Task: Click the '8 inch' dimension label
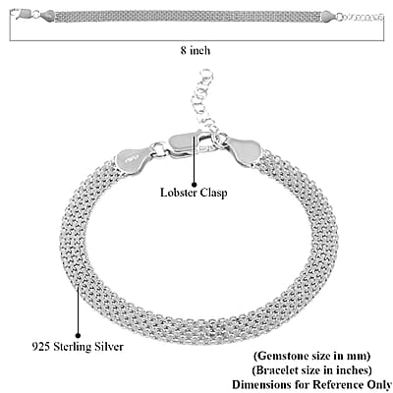point(196,51)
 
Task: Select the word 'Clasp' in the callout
point(213,193)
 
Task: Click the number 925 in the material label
point(41,347)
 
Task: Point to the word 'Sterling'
point(73,347)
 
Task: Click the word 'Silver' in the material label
point(109,347)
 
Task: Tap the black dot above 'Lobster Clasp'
point(194,185)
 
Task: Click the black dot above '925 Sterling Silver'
point(78,335)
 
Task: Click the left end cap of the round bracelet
point(134,159)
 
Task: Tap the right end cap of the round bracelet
point(244,150)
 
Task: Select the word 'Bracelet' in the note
point(276,370)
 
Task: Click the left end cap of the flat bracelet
point(48,16)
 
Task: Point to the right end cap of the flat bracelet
point(329,17)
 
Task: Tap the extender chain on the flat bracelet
point(361,17)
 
